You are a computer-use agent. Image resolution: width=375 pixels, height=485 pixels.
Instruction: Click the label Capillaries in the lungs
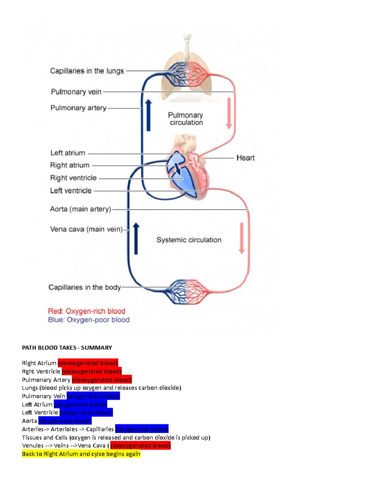point(87,71)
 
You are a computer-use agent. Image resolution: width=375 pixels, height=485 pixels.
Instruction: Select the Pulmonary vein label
point(76,92)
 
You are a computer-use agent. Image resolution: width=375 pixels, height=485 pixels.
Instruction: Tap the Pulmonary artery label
point(78,108)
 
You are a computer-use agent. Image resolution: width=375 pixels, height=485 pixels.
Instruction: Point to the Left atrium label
point(68,153)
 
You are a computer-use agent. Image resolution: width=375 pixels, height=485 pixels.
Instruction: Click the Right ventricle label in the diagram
point(73,178)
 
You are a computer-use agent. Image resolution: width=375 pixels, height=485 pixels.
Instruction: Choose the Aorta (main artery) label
point(81,209)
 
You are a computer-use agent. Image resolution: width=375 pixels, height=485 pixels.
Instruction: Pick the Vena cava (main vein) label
point(86,230)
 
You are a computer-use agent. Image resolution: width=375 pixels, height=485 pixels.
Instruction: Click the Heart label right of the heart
point(245,158)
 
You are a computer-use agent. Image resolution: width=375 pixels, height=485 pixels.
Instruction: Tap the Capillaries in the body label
point(84,287)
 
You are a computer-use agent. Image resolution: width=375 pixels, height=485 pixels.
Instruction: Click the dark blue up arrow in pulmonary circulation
point(148,116)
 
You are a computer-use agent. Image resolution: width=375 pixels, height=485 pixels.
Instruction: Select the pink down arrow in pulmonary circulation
point(229,113)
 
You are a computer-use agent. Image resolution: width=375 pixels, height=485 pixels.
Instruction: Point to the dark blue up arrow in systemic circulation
point(136,239)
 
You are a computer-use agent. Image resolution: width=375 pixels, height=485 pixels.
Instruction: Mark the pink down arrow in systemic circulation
point(242,238)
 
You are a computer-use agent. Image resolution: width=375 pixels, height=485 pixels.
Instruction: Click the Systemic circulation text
point(189,240)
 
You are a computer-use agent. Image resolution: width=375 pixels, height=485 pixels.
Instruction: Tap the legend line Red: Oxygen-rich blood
point(87,311)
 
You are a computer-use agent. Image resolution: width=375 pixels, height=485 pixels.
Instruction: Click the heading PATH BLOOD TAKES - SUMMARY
point(67,348)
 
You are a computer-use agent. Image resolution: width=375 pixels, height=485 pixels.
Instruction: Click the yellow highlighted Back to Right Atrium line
point(81,454)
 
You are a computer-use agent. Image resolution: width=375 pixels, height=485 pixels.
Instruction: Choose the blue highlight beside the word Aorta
point(65,421)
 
